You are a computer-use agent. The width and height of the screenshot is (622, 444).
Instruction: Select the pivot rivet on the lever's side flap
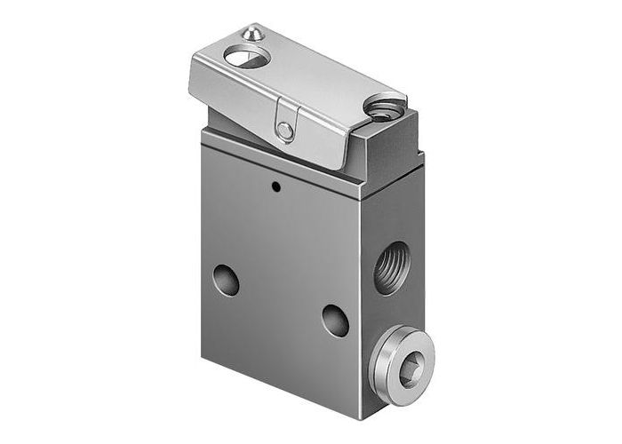pos(284,131)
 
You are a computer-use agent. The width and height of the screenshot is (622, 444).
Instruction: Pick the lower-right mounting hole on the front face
pos(335,320)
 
